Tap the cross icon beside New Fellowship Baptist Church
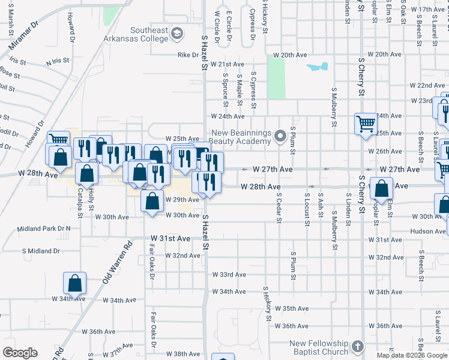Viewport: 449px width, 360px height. pyautogui.click(x=357, y=347)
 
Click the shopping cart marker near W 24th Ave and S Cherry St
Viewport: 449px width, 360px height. pyautogui.click(x=365, y=124)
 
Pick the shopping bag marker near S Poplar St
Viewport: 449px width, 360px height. pyautogui.click(x=382, y=188)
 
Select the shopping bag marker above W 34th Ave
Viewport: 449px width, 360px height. pyautogui.click(x=75, y=283)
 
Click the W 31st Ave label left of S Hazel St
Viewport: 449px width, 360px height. pyautogui.click(x=170, y=239)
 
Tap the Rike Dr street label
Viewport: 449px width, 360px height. pyautogui.click(x=187, y=55)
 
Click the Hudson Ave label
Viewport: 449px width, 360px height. pyautogui.click(x=427, y=231)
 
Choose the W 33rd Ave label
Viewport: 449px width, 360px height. pyautogui.click(x=229, y=275)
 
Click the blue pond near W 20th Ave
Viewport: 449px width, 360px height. pyautogui.click(x=318, y=67)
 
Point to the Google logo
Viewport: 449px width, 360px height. pyautogui.click(x=20, y=353)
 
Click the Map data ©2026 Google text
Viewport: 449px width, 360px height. pyautogui.click(x=412, y=355)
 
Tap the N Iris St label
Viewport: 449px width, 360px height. pyautogui.click(x=58, y=62)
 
